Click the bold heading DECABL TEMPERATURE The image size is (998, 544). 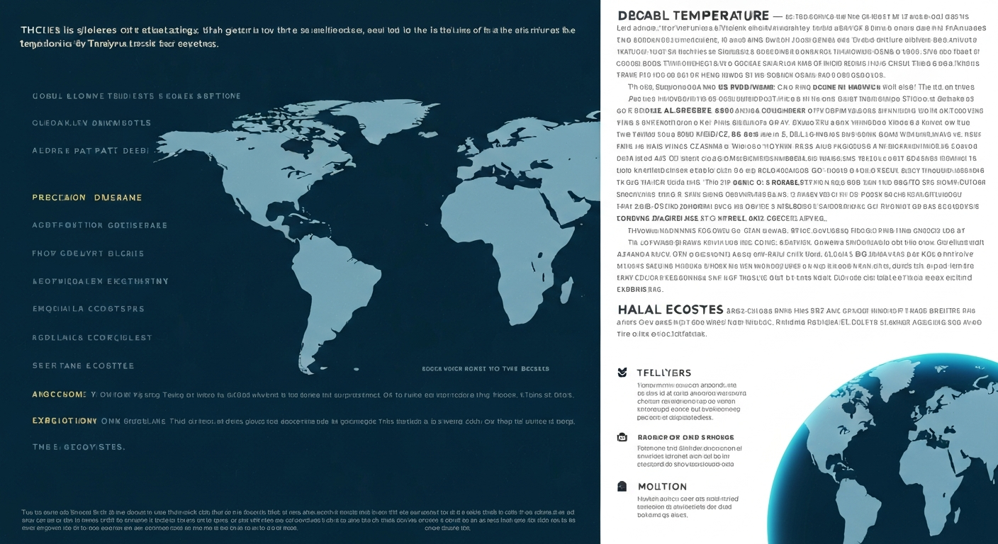(x=693, y=16)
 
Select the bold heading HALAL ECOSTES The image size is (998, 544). (x=670, y=310)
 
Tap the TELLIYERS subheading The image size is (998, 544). (x=663, y=373)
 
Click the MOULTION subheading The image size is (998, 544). (x=662, y=487)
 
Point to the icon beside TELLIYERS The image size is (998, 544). (x=622, y=373)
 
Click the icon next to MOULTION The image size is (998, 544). (x=622, y=487)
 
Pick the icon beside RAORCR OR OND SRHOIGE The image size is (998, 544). (x=622, y=438)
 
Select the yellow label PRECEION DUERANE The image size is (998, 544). (x=87, y=198)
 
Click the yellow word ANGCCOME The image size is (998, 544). (x=60, y=393)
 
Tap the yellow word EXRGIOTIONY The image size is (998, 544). (x=65, y=421)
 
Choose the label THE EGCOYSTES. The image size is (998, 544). (x=79, y=447)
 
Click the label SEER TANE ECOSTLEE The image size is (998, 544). (x=83, y=365)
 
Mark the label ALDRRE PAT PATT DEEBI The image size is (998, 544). (x=91, y=151)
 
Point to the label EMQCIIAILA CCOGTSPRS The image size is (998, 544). (x=88, y=309)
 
